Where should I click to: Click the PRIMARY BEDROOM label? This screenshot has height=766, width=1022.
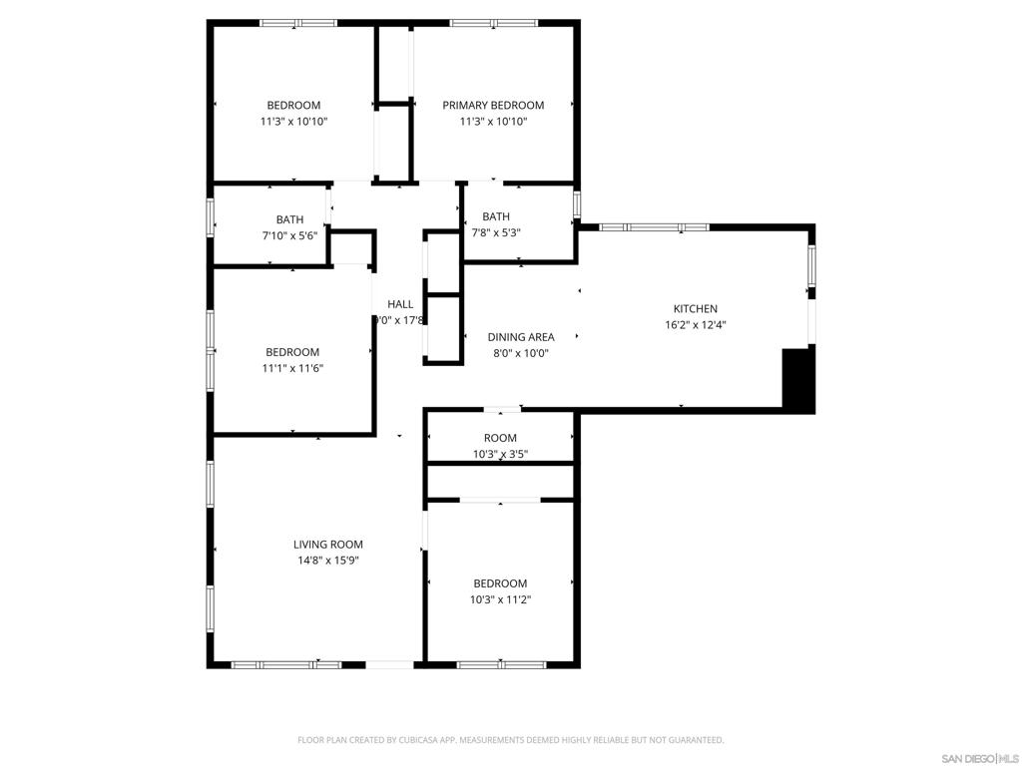pos(493,106)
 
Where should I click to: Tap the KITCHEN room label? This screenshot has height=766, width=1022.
pos(695,309)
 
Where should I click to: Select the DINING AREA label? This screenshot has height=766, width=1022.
pos(520,337)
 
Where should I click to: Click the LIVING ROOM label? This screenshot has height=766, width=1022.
pos(327,545)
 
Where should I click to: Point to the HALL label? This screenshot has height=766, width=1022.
pos(400,304)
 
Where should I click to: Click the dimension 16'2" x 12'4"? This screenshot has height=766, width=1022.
pos(695,325)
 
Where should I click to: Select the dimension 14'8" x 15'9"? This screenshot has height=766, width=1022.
pos(326,561)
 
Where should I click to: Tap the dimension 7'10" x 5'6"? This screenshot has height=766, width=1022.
pos(289,235)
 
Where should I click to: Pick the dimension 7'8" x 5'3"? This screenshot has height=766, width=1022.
pos(496,232)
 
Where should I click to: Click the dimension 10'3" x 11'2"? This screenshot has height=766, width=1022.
pos(500,599)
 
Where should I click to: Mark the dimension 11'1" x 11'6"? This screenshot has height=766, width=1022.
pos(292,368)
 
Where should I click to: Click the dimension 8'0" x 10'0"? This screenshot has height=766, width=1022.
pos(520,353)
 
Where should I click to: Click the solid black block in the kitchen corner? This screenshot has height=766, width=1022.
pos(798,380)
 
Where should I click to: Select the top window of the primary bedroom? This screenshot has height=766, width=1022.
pos(493,23)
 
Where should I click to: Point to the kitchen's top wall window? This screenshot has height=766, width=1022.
pos(654,227)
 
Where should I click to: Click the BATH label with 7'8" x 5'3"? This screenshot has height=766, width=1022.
pos(496,216)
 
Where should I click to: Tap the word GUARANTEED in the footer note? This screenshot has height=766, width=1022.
pos(689,740)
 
